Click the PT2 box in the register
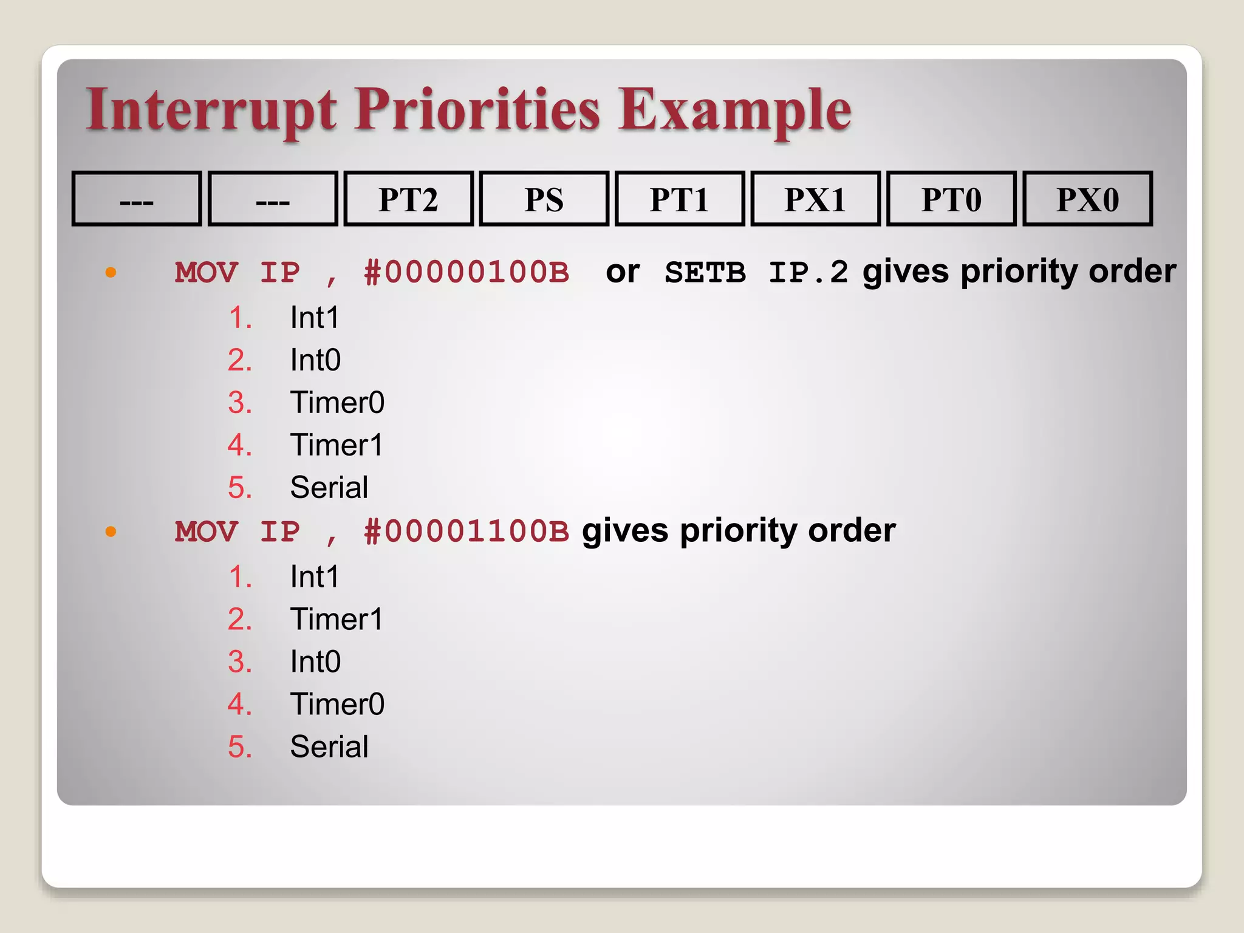408,199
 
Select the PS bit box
544,199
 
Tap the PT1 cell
680,199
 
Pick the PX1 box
815,199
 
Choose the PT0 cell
951,199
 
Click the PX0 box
1087,199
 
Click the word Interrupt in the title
211,111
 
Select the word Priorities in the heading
477,111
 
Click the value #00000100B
466,273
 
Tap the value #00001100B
466,532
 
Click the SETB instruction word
705,273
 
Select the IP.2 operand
808,273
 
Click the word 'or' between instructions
623,273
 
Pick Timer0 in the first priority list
337,403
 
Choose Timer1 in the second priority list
337,620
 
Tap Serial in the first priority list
329,488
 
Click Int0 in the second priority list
315,662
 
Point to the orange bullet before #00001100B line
111,532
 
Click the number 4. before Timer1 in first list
240,445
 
